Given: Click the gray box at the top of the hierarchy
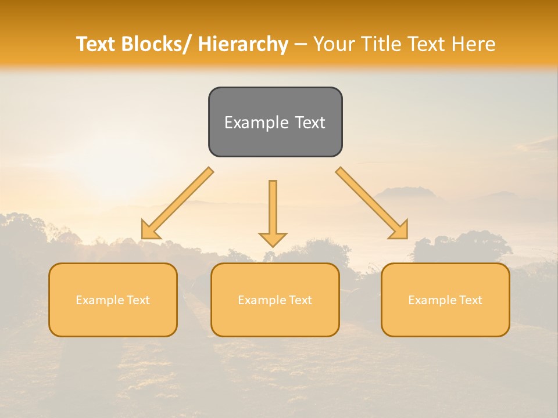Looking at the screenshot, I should [275, 122].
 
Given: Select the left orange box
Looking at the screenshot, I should [113, 300].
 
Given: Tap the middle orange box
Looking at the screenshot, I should [275, 300].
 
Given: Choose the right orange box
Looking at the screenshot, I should [445, 300].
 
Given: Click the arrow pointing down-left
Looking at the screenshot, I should [178, 203].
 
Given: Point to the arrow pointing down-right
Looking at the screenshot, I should [371, 203].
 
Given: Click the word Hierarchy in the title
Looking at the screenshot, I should [243, 44].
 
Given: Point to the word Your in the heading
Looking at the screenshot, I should [334, 44].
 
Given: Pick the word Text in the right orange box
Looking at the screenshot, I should [470, 300].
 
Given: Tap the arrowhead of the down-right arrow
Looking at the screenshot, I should [399, 230].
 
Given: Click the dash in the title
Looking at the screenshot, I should [301, 45].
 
